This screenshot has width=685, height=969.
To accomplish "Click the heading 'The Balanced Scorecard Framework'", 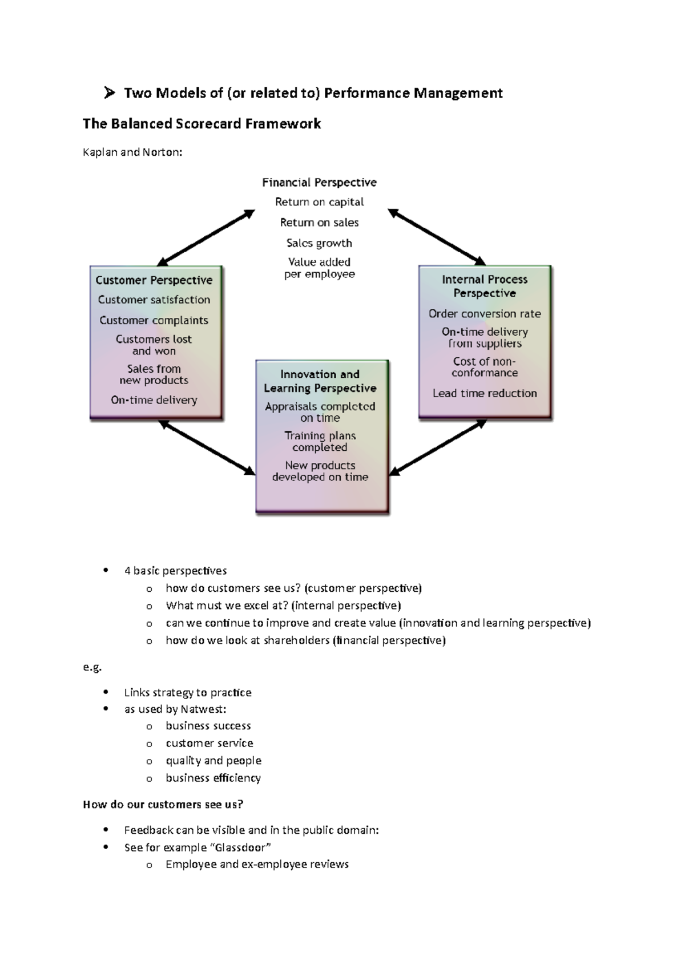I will tap(202, 124).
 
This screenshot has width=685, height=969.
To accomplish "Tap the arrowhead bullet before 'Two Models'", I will tap(110, 93).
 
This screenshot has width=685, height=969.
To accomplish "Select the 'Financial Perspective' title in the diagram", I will tap(319, 183).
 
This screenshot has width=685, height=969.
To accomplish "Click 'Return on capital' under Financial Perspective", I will tap(319, 202).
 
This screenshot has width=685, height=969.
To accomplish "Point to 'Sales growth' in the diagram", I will tap(319, 243).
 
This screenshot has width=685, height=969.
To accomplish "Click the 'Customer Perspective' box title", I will tap(154, 280).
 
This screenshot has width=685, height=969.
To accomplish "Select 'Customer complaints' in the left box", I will tap(154, 320).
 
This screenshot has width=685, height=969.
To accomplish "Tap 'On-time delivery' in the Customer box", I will tap(154, 400).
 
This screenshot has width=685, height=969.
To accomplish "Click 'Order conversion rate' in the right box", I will tap(485, 314).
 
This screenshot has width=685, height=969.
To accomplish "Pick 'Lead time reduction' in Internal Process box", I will tap(485, 393).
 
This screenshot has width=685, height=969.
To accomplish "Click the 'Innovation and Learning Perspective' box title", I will tap(320, 381).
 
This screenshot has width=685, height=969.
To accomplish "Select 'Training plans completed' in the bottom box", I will tap(320, 442).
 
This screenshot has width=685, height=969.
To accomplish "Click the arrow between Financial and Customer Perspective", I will tap(206, 237).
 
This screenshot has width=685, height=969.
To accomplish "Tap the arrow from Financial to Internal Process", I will tap(437, 237).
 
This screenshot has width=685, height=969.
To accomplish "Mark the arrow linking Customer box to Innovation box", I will tap(207, 448).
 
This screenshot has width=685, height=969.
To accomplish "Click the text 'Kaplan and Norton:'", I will tap(132, 152).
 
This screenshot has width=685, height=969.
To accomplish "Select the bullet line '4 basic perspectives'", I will tap(175, 571).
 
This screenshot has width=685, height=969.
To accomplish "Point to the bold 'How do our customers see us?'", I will tap(163, 805).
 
